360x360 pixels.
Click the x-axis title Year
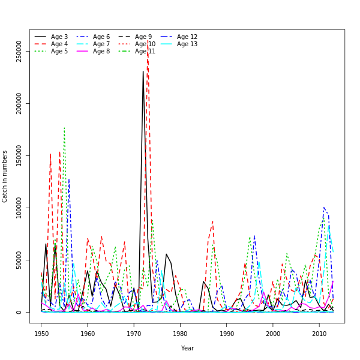[187, 348]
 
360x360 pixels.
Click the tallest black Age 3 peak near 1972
[143, 71]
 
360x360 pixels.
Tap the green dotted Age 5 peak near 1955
[64, 128]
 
